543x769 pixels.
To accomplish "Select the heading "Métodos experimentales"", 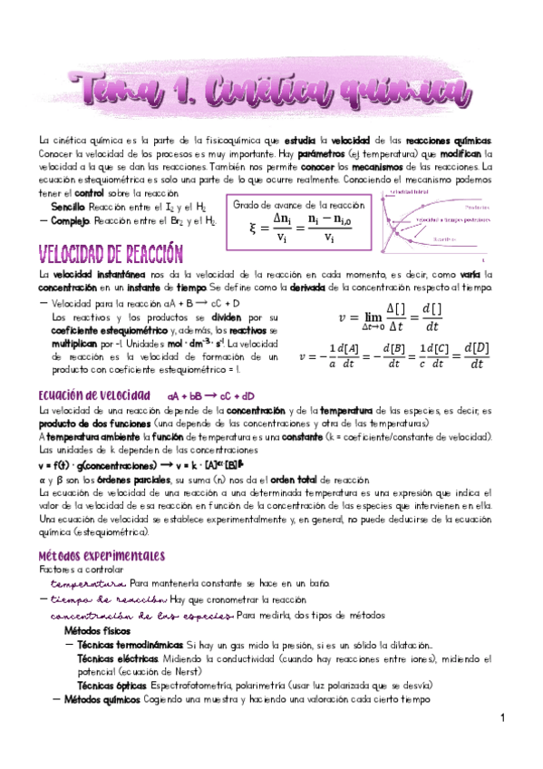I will click(101, 554).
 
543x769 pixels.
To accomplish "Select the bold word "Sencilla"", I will click(69, 208).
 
